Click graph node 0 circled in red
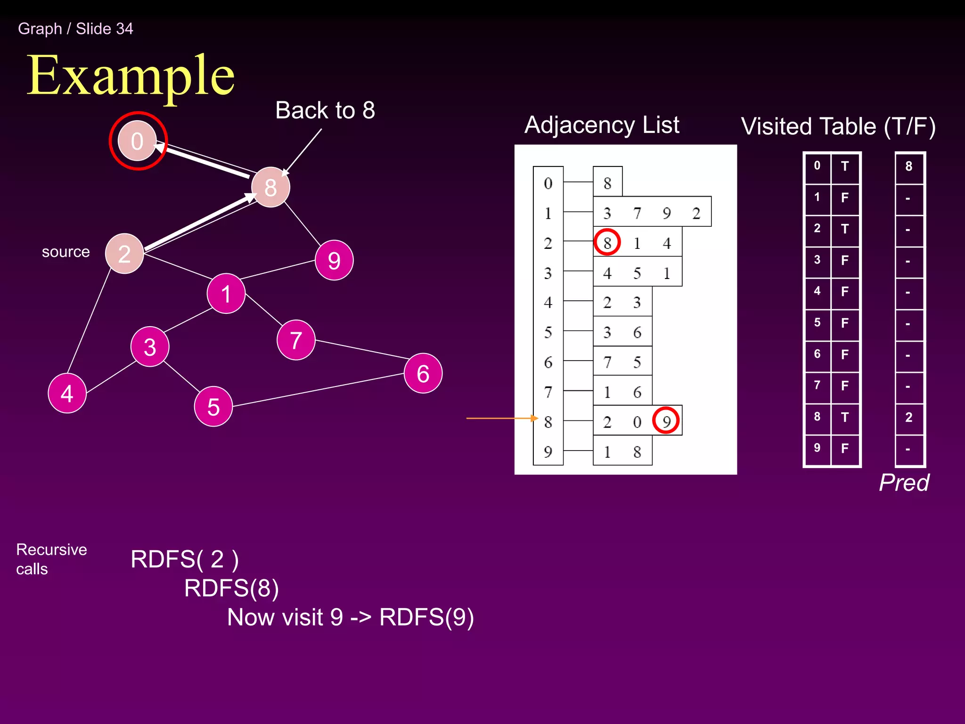pos(137,141)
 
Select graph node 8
pos(270,187)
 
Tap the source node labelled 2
pos(124,254)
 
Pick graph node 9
pos(334,260)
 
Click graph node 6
pos(423,373)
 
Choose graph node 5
pos(213,406)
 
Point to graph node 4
pos(67,393)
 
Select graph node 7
pos(296,340)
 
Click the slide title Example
pos(131,75)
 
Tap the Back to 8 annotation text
pos(325,110)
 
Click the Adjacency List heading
pos(602,125)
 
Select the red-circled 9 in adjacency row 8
pos(666,420)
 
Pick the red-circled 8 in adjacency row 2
pos(607,242)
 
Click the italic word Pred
pos(904,483)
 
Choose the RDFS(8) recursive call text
pos(231,588)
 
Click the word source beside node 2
pos(65,252)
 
